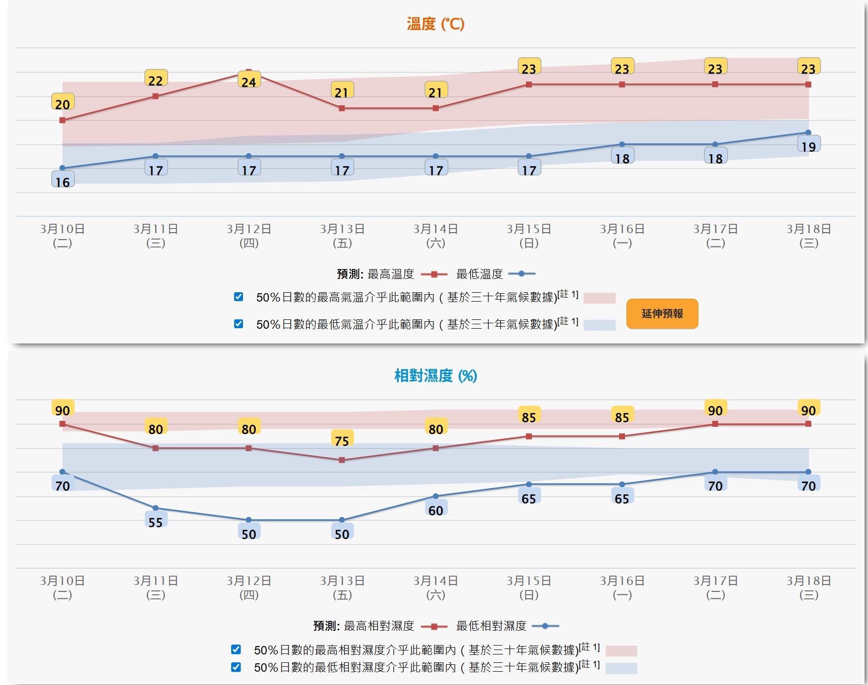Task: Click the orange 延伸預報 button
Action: pos(662,314)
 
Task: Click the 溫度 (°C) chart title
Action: pos(435,24)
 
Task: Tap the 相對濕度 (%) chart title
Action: pos(435,376)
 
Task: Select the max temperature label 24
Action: pos(249,82)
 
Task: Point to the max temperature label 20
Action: pos(63,104)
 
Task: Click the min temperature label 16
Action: pos(63,182)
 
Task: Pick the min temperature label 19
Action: pos(808,146)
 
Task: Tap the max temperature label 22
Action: pos(156,80)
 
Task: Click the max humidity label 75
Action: pos(342,441)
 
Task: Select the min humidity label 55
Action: pos(156,522)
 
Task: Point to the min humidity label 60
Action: pos(436,510)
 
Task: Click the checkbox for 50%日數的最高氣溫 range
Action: pos(239,297)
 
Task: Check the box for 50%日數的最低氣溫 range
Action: pos(239,324)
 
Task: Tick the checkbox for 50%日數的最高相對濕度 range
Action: pos(236,650)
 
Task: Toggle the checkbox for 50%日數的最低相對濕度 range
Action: pos(236,667)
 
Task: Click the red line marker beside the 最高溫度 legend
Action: pos(434,274)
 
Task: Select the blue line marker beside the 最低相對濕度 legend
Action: pos(545,626)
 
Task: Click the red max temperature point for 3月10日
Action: pos(63,120)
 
